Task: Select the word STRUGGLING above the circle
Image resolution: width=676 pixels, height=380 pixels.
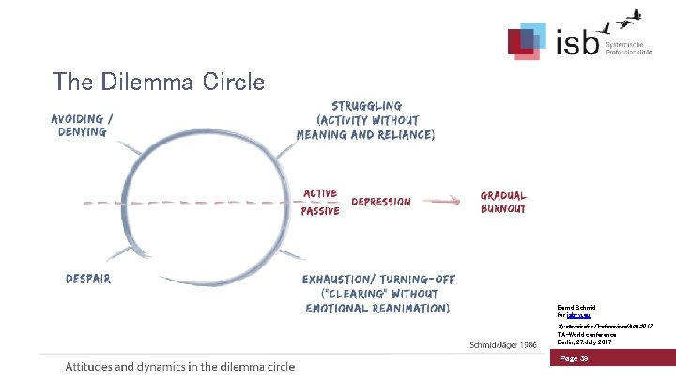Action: (365, 106)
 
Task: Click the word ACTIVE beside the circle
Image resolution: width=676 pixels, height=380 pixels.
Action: (319, 193)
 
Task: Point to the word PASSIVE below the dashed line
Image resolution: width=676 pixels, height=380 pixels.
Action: (320, 211)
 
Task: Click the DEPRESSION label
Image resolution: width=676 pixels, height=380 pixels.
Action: (380, 202)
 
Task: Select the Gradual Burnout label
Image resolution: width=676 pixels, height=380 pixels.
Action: (503, 202)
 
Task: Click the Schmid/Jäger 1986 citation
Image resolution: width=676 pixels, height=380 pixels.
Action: (502, 345)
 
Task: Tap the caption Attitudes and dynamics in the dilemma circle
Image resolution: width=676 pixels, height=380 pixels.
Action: (179, 366)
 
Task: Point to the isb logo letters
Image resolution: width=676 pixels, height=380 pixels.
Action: (575, 42)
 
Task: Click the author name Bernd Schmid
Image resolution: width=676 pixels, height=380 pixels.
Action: (573, 306)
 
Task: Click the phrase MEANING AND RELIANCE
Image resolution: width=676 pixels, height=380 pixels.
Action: (365, 134)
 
